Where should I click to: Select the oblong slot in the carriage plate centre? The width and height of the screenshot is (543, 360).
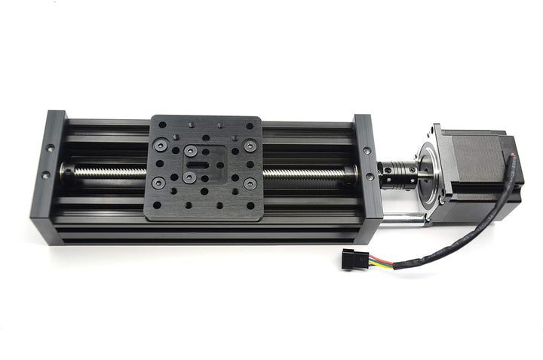pos(200,162)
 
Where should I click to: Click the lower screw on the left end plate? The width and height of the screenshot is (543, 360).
pos(45,175)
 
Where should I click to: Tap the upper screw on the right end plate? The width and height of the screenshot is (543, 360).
pos(367,151)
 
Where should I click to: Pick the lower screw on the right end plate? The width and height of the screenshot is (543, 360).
pos(370,177)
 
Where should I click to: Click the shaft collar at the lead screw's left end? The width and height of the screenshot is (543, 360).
pos(69,172)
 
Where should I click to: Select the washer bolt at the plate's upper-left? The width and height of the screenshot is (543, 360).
pos(160,143)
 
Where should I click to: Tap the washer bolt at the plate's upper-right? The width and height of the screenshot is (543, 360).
pos(250,145)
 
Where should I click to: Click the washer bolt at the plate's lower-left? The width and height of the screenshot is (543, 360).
pos(158,183)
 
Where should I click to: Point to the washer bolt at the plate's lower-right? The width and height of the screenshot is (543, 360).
pos(249,183)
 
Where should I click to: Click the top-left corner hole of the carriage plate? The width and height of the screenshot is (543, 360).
pos(162,125)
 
